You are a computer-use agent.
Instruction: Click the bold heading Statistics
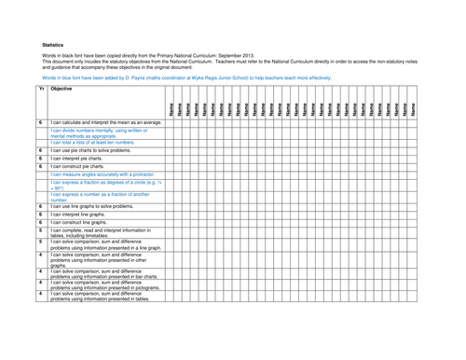coord(52,44)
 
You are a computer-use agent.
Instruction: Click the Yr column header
coord(40,89)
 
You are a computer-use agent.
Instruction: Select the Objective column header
coord(62,89)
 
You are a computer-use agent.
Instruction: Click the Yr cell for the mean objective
coord(40,123)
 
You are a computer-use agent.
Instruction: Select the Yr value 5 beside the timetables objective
coord(40,231)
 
